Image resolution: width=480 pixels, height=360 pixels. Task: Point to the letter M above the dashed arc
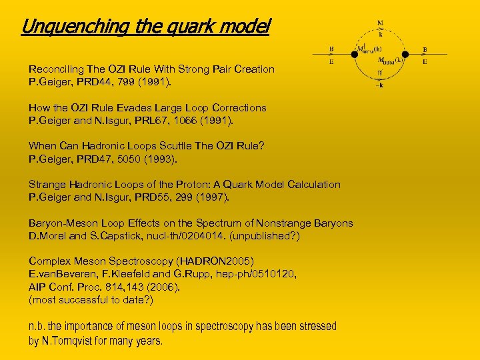(380, 23)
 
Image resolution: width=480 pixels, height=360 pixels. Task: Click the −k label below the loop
(380, 85)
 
